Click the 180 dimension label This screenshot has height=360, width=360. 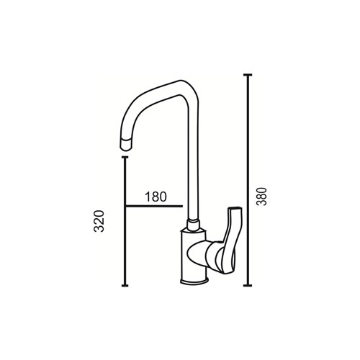click(x=156, y=197)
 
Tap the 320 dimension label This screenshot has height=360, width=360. click(x=99, y=221)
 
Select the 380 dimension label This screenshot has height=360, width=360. click(x=261, y=197)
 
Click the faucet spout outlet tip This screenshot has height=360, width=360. click(x=126, y=145)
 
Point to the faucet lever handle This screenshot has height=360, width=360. click(x=228, y=240)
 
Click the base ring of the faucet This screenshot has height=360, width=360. click(x=194, y=281)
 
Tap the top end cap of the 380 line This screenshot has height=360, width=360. click(x=248, y=75)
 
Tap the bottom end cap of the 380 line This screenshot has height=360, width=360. click(x=248, y=285)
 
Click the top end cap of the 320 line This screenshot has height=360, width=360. click(x=125, y=157)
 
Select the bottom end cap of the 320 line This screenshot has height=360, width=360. click(x=125, y=285)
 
